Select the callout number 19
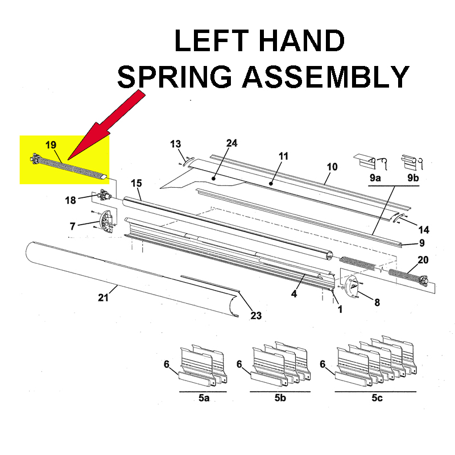(51, 146)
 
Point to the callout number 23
(256, 316)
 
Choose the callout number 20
(423, 260)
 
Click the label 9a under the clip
(375, 178)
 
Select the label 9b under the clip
(413, 178)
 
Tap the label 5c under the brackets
(377, 398)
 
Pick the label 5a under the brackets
(204, 398)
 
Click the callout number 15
(136, 184)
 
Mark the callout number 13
(175, 144)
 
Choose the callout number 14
(423, 230)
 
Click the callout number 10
(332, 167)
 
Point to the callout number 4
(294, 294)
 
